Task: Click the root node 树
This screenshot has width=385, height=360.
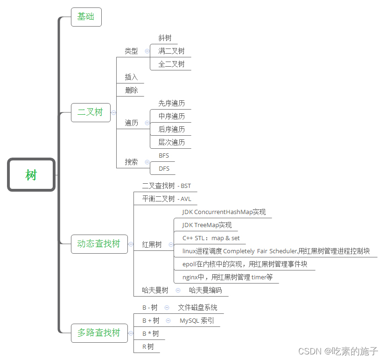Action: (x=31, y=175)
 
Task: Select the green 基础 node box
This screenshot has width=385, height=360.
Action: (x=86, y=17)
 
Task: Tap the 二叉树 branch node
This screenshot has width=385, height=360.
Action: (x=91, y=112)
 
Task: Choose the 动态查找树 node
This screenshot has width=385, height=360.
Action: (x=99, y=244)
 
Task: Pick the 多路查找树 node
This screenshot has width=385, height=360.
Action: (x=99, y=333)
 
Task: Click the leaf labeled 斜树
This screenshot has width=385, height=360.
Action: (x=165, y=38)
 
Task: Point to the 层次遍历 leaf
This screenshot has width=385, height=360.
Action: (x=171, y=142)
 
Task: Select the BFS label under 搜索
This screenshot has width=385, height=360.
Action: (x=164, y=155)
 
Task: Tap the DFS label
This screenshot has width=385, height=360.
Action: (x=164, y=168)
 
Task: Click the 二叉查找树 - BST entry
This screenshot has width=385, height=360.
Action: (x=166, y=186)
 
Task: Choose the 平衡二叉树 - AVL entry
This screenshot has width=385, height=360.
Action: (x=167, y=199)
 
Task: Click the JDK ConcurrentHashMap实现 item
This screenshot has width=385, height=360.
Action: (x=224, y=212)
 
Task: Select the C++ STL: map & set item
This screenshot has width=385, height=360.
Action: (x=211, y=238)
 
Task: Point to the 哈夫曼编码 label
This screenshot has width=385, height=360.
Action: (x=205, y=290)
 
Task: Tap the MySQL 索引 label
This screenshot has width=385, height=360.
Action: (x=196, y=321)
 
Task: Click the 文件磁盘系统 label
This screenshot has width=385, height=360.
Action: (x=197, y=308)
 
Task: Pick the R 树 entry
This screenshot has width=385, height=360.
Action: (x=148, y=346)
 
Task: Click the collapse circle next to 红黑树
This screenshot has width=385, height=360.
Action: (x=171, y=244)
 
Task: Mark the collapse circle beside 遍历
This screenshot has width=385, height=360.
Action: (x=147, y=123)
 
